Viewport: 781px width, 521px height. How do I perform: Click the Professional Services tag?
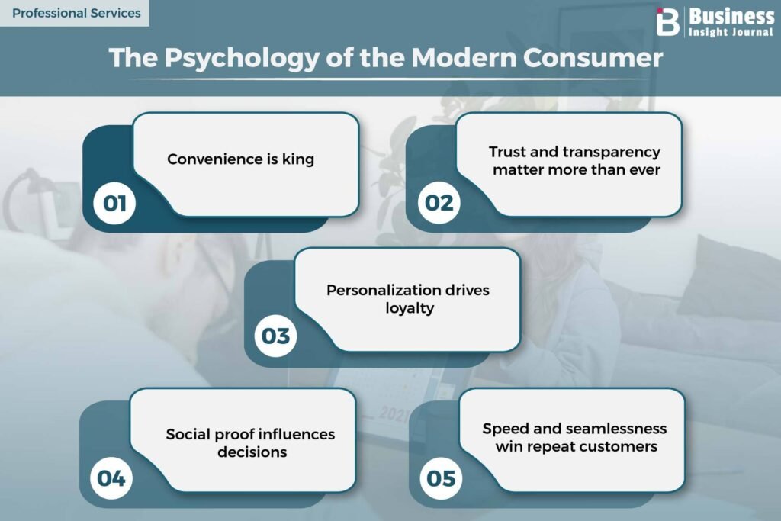point(75,13)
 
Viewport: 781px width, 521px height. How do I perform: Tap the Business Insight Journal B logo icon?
point(667,22)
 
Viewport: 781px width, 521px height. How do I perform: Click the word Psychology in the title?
point(242,58)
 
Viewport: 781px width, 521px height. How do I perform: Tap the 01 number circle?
point(114,203)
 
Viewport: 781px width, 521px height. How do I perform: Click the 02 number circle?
point(439,203)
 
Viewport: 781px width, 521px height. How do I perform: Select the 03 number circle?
point(275,336)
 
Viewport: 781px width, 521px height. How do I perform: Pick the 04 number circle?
point(111,478)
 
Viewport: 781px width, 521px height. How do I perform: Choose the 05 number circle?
point(441,478)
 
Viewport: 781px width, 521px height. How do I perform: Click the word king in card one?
point(298,159)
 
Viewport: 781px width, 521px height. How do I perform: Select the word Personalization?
point(378,290)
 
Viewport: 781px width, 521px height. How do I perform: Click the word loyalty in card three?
point(410,308)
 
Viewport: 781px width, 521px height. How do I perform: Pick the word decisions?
point(252,452)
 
